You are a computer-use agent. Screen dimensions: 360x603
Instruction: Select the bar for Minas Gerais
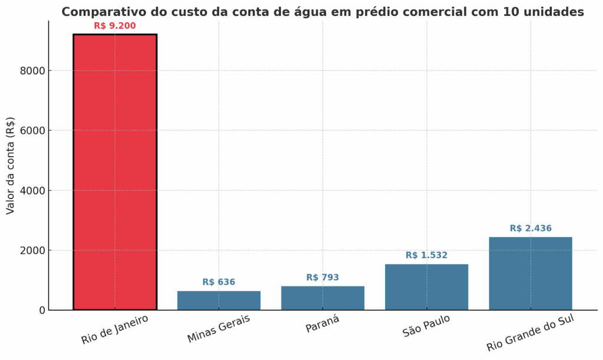(x=218, y=300)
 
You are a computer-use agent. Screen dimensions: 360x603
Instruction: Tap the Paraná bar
(x=323, y=298)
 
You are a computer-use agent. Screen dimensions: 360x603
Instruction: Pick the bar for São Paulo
(x=426, y=287)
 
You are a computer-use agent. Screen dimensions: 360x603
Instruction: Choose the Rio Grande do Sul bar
(x=530, y=273)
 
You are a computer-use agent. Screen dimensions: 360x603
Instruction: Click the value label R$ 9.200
(x=115, y=26)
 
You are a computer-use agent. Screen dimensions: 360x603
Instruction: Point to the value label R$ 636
(x=218, y=282)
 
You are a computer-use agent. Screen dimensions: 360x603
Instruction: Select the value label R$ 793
(x=323, y=278)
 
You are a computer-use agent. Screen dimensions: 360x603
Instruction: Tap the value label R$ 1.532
(x=426, y=255)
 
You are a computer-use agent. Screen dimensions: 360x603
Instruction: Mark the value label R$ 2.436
(x=530, y=229)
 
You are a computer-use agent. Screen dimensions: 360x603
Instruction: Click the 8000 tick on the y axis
(x=32, y=71)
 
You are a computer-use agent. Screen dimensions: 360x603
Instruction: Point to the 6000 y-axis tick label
(x=32, y=131)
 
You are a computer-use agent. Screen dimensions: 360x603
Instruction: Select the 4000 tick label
(x=32, y=190)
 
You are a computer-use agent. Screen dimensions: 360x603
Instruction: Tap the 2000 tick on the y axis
(x=32, y=250)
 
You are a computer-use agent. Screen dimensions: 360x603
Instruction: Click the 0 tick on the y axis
(x=41, y=311)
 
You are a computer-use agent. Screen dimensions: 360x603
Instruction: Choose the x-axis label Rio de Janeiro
(x=114, y=329)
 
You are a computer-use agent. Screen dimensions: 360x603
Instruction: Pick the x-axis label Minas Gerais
(x=218, y=328)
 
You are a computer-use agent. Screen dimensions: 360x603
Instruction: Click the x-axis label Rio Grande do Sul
(x=530, y=333)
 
